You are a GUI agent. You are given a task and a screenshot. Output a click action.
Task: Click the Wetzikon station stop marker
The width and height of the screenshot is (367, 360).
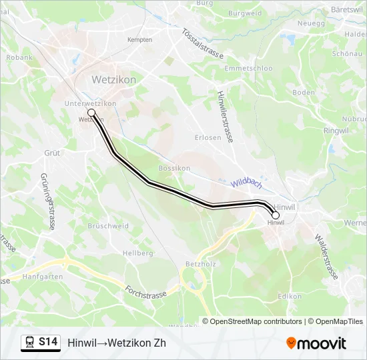click(91, 113)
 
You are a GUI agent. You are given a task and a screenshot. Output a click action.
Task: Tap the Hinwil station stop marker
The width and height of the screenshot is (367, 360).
click(275, 215)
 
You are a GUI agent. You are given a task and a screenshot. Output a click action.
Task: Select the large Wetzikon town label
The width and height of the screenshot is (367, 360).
click(113, 79)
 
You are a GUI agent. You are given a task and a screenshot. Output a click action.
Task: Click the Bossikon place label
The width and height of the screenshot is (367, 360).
click(174, 168)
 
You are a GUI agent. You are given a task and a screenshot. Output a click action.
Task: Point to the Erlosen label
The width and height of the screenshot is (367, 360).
click(208, 138)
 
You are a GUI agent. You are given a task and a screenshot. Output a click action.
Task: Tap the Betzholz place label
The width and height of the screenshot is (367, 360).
click(198, 265)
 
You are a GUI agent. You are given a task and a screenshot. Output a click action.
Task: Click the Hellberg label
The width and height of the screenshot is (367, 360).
click(138, 253)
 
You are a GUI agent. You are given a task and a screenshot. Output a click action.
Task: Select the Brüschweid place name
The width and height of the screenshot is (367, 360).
click(107, 226)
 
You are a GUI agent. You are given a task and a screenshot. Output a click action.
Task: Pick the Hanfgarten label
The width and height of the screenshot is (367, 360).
click(43, 276)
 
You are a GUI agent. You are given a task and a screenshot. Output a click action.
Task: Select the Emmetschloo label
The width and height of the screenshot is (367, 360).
click(249, 69)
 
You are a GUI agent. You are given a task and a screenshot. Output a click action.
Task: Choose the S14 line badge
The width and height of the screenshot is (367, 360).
click(48, 342)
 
